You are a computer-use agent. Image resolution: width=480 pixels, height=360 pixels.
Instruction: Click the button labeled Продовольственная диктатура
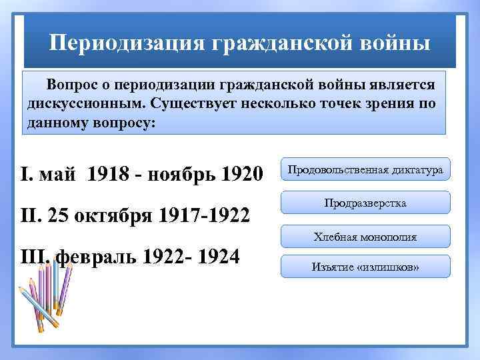coord(365,170)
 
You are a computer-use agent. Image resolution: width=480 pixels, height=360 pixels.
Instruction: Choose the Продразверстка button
coord(365,203)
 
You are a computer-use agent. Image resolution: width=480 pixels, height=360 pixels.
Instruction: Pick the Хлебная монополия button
coord(365,235)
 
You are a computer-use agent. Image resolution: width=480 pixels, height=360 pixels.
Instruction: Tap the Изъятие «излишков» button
coord(365,267)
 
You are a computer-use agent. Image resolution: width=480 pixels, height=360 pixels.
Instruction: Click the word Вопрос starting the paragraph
coord(71,85)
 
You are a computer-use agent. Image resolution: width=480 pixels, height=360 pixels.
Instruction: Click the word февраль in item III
coord(92,257)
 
